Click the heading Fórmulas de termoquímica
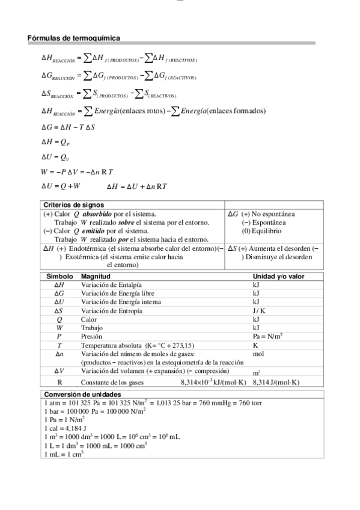tap(73, 38)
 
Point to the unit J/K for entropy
tap(260, 311)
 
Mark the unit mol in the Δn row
tap(258, 354)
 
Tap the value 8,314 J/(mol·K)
tap(275, 382)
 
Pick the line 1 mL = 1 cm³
tap(64, 454)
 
